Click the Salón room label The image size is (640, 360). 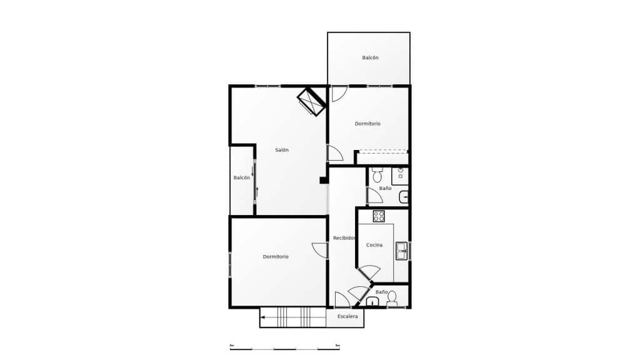pyautogui.click(x=282, y=150)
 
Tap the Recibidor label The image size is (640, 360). pyautogui.click(x=344, y=238)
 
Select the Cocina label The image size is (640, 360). pyautogui.click(x=374, y=245)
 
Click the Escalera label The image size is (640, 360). pyautogui.click(x=347, y=317)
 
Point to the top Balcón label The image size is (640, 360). pyautogui.click(x=370, y=57)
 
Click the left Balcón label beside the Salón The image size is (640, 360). pyautogui.click(x=242, y=177)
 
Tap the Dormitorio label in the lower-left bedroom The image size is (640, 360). pyautogui.click(x=276, y=256)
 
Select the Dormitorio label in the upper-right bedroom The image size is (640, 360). pyautogui.click(x=367, y=124)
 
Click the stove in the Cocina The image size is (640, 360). pyautogui.click(x=379, y=216)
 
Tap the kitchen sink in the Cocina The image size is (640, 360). pyautogui.click(x=401, y=251)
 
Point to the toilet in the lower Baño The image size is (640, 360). pyautogui.click(x=392, y=299)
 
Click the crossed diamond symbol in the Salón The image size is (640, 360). pyautogui.click(x=311, y=102)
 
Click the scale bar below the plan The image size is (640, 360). pyautogui.click(x=284, y=347)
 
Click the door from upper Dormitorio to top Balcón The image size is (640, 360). pyautogui.click(x=339, y=93)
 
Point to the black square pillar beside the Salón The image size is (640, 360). pyautogui.click(x=324, y=181)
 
